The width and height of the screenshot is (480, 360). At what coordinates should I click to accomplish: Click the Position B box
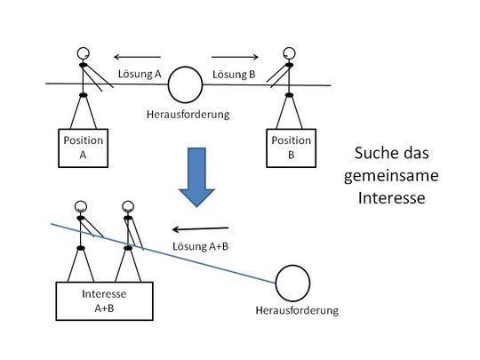click(292, 147)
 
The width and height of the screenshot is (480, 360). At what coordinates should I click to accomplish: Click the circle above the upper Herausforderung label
click(187, 85)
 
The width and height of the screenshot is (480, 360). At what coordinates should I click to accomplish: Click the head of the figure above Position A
click(84, 52)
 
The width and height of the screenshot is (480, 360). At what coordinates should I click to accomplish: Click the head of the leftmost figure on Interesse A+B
click(81, 205)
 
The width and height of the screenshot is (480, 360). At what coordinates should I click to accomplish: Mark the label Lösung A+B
click(198, 246)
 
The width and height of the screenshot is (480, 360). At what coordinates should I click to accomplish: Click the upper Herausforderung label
click(187, 116)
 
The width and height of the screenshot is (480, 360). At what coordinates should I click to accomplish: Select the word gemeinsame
click(385, 175)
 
